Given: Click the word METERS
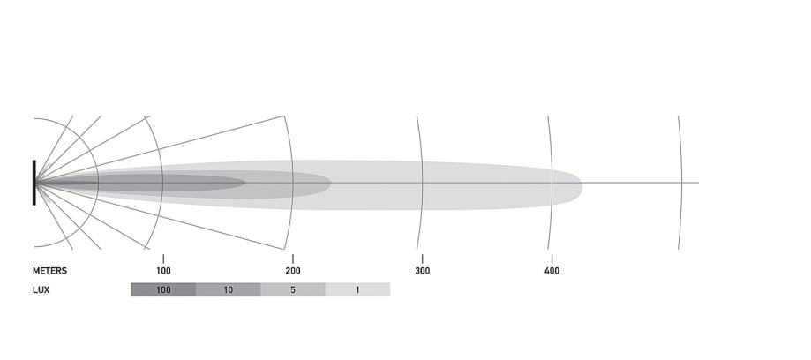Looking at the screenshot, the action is coord(49,271).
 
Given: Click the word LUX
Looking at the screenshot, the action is coord(41,289).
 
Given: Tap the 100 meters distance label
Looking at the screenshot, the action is coord(163,271).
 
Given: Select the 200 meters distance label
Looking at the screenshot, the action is coord(293,271).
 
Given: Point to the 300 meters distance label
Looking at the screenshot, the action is coord(422,271).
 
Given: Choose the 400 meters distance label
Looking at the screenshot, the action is coord(552,271).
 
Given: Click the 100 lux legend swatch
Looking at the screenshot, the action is coord(163,289).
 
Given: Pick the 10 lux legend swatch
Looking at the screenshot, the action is coord(228,289).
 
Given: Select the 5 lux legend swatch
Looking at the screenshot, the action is coord(293,289).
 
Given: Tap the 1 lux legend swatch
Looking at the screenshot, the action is coord(357,289).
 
